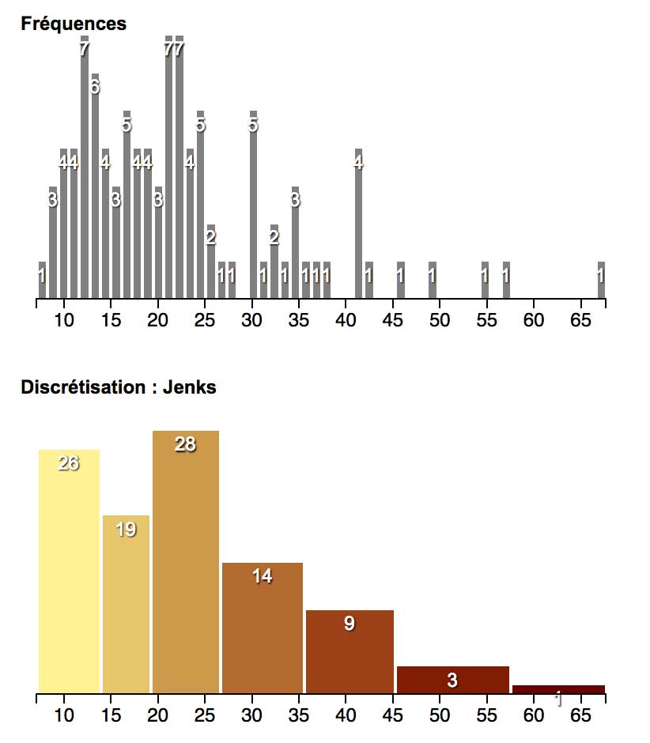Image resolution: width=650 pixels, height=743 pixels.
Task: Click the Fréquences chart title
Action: pyautogui.click(x=74, y=24)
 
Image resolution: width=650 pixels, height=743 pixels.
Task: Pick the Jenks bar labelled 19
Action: pyautogui.click(x=126, y=609)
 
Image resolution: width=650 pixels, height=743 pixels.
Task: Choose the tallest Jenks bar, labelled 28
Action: pyautogui.click(x=185, y=569)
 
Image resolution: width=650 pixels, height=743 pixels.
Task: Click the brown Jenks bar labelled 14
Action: pyautogui.click(x=262, y=632)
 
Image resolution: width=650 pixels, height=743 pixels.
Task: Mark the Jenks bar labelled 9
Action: pyautogui.click(x=349, y=656)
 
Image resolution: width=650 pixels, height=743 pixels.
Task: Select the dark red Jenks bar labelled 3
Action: pyautogui.click(x=452, y=681)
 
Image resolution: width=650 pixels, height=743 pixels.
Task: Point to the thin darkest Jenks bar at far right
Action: pyautogui.click(x=558, y=689)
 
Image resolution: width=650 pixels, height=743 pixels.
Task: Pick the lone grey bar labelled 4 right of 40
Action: pyautogui.click(x=358, y=229)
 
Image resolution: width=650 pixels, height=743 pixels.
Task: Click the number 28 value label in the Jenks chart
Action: pyautogui.click(x=185, y=444)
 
